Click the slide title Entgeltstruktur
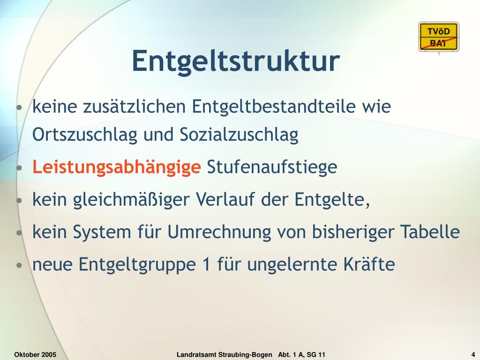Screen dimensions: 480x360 [236, 61]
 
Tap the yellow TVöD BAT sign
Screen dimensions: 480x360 [439, 37]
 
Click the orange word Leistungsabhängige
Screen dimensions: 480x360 [117, 167]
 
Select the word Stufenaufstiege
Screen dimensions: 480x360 [272, 167]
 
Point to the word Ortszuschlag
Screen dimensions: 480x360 [85, 135]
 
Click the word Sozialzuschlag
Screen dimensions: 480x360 [239, 135]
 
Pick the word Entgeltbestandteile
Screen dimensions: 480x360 [274, 106]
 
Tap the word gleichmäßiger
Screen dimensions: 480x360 [131, 200]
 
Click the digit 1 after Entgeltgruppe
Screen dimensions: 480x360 [207, 264]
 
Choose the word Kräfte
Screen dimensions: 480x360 [369, 264]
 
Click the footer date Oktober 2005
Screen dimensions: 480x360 [35, 355]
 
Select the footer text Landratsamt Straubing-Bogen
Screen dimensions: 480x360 [225, 355]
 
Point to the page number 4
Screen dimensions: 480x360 [473, 355]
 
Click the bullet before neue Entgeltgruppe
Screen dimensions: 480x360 [19, 265]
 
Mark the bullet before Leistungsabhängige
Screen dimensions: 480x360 [19, 168]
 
